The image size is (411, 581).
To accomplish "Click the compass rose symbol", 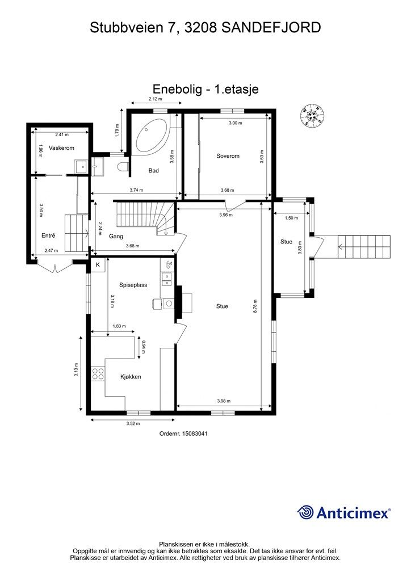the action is [x=312, y=115].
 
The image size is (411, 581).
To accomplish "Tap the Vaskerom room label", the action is [x=61, y=148].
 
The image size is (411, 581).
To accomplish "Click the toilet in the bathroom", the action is [x=122, y=167].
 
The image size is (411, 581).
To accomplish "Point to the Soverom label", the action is [x=228, y=156].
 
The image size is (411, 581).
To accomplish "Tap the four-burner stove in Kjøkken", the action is [x=98, y=373].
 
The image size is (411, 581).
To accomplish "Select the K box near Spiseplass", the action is [x=98, y=264].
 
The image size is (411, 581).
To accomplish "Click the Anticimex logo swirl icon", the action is [x=305, y=512].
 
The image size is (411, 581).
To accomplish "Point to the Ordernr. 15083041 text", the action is [x=183, y=433].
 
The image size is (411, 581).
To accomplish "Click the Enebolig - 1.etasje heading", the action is [x=205, y=89].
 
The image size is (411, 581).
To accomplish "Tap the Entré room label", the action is [x=48, y=235].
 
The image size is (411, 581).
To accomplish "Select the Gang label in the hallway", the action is [x=116, y=236].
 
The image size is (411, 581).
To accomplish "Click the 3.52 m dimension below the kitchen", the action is [x=133, y=423].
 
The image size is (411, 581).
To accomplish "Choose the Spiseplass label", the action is [x=133, y=285].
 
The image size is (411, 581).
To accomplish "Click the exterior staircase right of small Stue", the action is [x=364, y=247].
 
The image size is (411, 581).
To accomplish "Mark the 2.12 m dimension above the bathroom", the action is [x=156, y=99].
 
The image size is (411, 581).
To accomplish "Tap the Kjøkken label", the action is [x=131, y=377].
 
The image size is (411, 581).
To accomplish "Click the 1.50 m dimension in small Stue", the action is [x=291, y=218].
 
